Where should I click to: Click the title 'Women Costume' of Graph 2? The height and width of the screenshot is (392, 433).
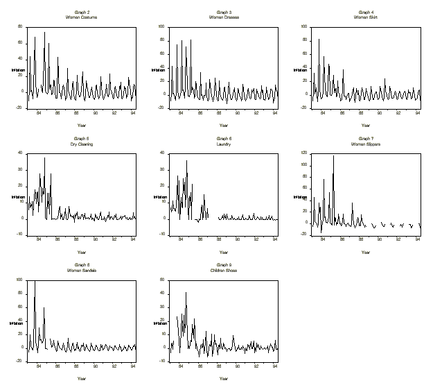(82, 17)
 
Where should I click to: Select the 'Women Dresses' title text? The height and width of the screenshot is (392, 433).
(224, 17)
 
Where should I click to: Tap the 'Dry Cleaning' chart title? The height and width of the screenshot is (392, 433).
(82, 144)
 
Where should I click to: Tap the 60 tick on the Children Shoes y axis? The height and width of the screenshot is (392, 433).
(162, 280)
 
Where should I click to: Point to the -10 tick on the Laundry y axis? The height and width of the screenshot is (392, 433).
(161, 235)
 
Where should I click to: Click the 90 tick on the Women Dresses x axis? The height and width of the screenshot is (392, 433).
(238, 113)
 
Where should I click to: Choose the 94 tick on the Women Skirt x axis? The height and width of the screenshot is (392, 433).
(418, 113)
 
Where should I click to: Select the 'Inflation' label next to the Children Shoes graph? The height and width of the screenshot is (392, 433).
(155, 323)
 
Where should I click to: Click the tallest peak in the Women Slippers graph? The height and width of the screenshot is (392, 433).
(333, 155)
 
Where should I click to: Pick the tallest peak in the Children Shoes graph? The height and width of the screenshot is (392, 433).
(186, 293)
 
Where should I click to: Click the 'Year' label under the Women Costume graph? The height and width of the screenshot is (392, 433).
(82, 126)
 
